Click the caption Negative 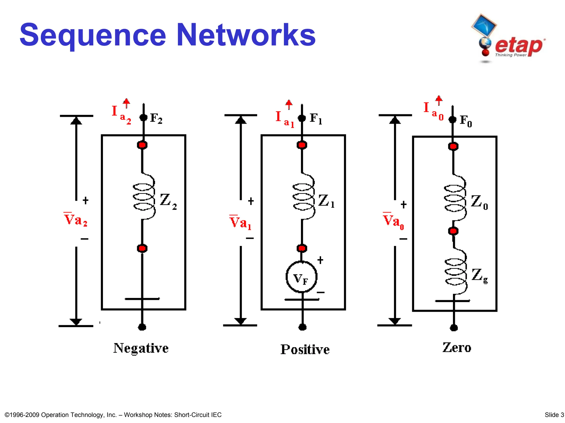pyautogui.click(x=141, y=348)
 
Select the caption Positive pyautogui.click(x=305, y=349)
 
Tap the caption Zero pyautogui.click(x=457, y=348)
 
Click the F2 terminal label pyautogui.click(x=156, y=118)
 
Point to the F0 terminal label pyautogui.click(x=466, y=121)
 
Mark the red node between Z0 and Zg pyautogui.click(x=453, y=231)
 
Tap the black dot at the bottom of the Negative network pyautogui.click(x=142, y=327)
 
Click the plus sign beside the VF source pyautogui.click(x=320, y=260)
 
